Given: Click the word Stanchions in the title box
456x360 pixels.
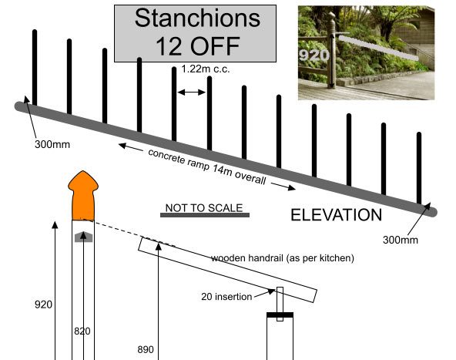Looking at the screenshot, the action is (197, 18).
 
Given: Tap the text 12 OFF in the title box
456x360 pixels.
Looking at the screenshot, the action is (198, 46).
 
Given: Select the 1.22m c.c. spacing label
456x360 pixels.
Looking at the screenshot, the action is (206, 69).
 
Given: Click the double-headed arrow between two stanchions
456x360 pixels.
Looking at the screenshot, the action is (191, 93).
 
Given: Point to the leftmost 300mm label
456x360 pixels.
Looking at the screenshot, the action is (52, 144).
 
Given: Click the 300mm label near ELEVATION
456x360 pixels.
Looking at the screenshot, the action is (401, 240).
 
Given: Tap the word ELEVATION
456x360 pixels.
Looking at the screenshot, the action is (336, 215).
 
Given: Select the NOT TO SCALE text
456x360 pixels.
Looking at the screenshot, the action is (204, 208).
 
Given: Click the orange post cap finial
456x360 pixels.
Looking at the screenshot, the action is (83, 195).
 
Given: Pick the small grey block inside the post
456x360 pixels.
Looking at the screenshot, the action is (83, 237).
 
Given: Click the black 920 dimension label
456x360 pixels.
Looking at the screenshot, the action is (43, 304).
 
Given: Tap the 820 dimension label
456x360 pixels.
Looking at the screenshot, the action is (82, 331).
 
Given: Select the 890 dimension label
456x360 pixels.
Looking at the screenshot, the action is (146, 349).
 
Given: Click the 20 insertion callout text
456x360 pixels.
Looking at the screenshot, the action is (226, 297).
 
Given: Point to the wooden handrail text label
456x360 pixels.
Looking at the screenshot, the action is (283, 258).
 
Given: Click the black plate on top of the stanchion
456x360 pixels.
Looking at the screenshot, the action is (280, 315).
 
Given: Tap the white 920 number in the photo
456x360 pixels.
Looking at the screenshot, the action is (314, 55).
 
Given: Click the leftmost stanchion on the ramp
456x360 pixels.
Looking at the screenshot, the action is (35, 67).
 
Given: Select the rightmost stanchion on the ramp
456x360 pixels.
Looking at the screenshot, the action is (419, 168).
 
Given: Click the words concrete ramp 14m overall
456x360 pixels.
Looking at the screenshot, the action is (207, 167).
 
